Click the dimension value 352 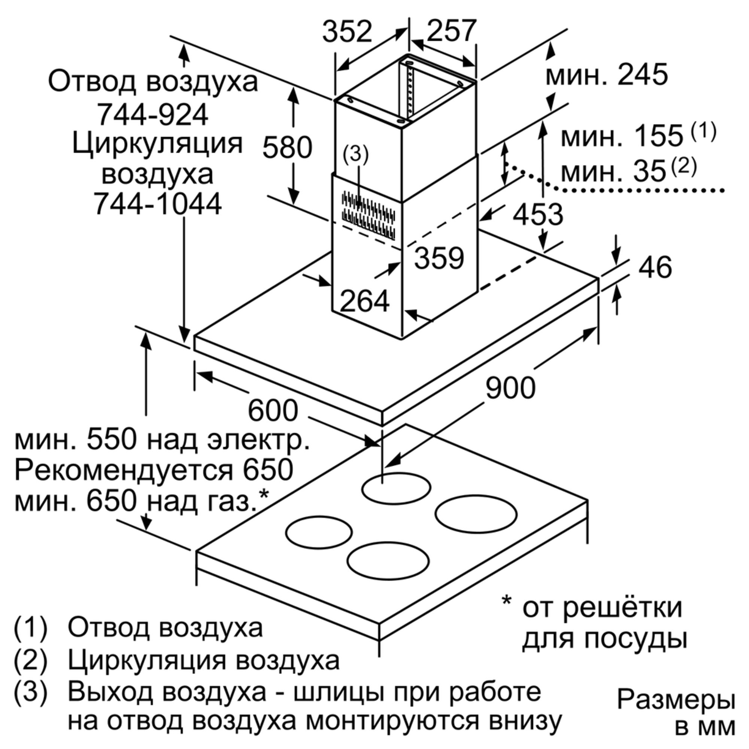[347, 32]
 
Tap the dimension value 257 [451, 31]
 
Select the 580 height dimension [287, 147]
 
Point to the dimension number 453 [538, 214]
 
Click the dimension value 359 [439, 258]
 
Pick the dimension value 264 [364, 301]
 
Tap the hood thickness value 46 [655, 267]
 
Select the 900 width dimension [510, 388]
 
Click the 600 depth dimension [273, 411]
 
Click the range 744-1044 [158, 204]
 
